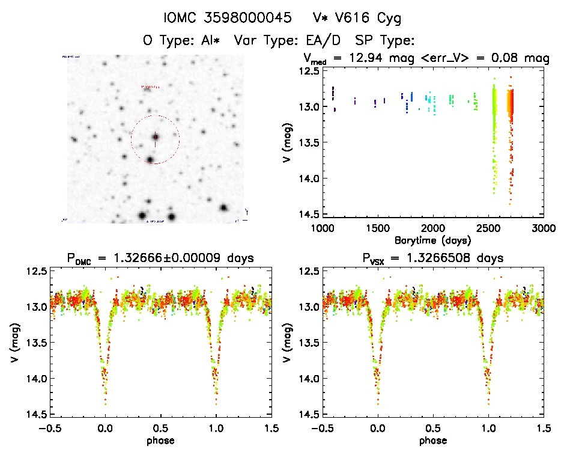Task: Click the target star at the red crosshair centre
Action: point(155,138)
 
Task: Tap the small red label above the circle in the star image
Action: point(151,87)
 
